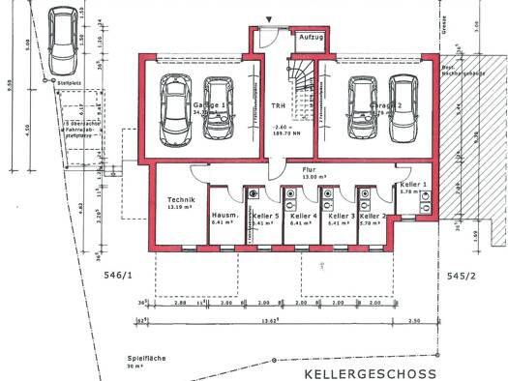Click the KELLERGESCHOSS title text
(x=370, y=372)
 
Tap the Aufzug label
(x=311, y=36)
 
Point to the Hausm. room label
(x=224, y=217)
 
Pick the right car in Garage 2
(x=400, y=103)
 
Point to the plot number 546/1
(x=116, y=275)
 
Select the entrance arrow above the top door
(x=268, y=17)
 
